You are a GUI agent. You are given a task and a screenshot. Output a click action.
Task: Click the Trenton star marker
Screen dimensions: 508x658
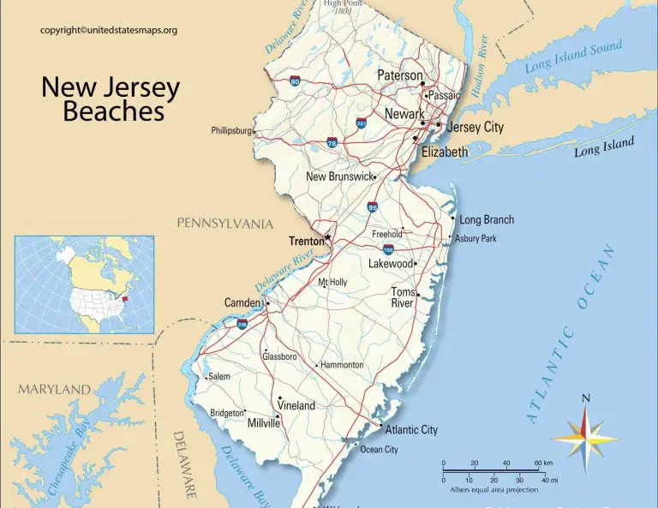point(327,237)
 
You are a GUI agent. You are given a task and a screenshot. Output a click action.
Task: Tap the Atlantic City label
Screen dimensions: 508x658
point(411,429)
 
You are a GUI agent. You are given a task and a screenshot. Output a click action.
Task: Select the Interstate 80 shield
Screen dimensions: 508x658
point(294,82)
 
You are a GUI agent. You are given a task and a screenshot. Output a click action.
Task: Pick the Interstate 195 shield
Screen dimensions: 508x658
point(388,249)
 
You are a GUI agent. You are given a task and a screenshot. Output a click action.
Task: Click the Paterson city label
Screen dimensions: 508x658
point(400,75)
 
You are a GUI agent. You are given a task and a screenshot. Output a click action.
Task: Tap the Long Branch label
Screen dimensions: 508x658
point(487,219)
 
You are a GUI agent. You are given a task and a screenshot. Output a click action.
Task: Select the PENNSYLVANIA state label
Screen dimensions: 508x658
point(224,224)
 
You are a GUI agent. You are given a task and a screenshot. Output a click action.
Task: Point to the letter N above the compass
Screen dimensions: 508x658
point(586,398)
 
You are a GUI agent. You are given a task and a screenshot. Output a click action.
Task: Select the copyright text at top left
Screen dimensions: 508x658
point(109,31)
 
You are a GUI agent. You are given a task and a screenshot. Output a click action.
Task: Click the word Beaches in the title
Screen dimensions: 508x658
point(114,111)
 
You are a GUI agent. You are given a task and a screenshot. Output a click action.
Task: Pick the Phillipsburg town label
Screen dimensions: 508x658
point(231,131)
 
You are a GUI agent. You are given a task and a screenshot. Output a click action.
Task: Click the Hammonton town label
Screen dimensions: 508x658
point(343,365)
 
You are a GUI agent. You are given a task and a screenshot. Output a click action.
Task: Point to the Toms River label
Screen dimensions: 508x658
point(403,297)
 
